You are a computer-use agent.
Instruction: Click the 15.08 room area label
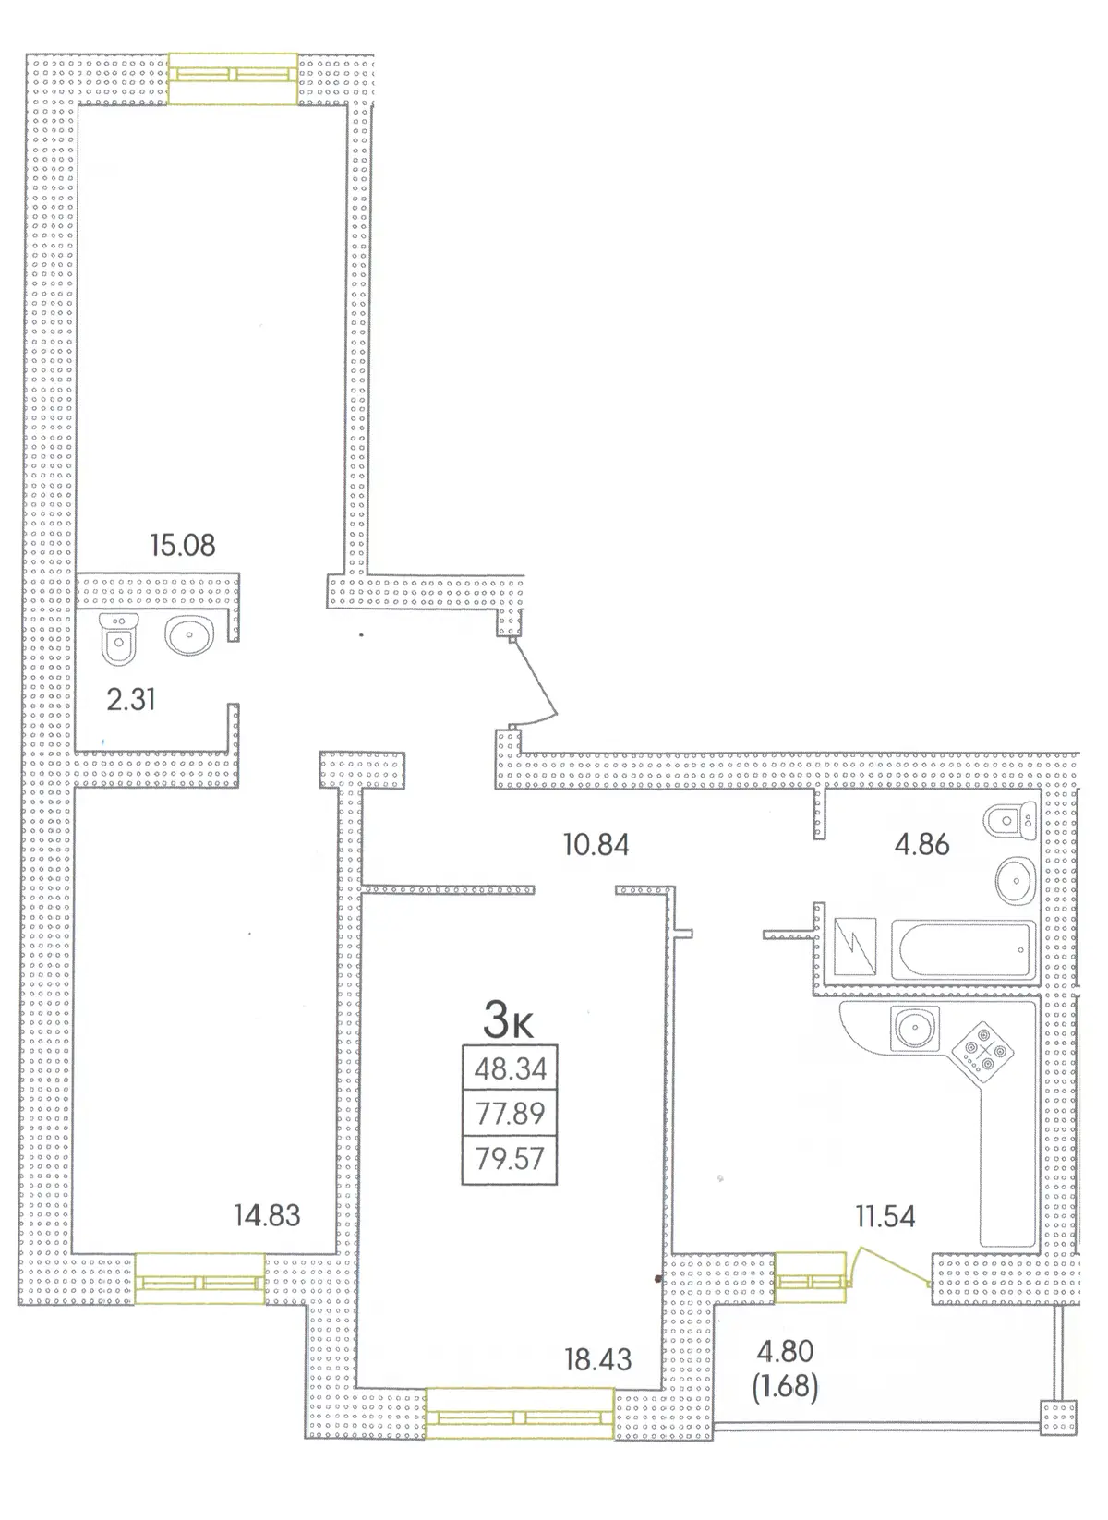pyautogui.click(x=183, y=545)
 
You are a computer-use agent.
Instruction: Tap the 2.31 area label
pyautogui.click(x=131, y=700)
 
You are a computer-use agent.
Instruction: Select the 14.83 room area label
pyautogui.click(x=268, y=1215)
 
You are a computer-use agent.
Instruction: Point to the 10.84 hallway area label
pyautogui.click(x=596, y=845)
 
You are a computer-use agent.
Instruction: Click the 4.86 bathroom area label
pyautogui.click(x=921, y=845)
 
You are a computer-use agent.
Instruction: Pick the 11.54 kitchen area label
pyautogui.click(x=885, y=1217)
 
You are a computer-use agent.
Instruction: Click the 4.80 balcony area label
pyautogui.click(x=785, y=1351)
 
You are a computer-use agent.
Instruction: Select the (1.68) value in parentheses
pyautogui.click(x=785, y=1386)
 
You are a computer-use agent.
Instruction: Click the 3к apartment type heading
pyautogui.click(x=508, y=1020)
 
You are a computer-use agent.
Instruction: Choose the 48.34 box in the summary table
pyautogui.click(x=510, y=1068)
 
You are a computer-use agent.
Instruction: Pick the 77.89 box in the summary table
pyautogui.click(x=510, y=1113)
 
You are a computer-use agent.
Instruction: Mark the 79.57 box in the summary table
pyautogui.click(x=510, y=1159)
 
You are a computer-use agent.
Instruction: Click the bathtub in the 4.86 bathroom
pyautogui.click(x=963, y=949)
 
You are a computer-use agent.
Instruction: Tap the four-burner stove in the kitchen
pyautogui.click(x=982, y=1051)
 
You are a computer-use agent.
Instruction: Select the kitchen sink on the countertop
pyautogui.click(x=915, y=1028)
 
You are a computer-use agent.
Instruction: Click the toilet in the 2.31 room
pyautogui.click(x=119, y=639)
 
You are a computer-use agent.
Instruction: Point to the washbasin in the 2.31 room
pyautogui.click(x=189, y=635)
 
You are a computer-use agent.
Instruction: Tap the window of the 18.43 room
pyautogui.click(x=520, y=1413)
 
